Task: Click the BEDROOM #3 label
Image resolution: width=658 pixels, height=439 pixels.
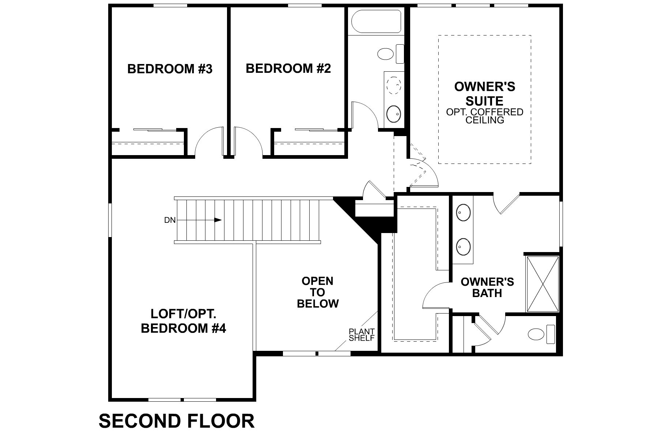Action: click(x=170, y=69)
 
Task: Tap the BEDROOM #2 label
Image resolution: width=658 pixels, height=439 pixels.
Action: click(x=288, y=68)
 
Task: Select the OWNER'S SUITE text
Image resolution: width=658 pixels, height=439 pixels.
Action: click(x=484, y=94)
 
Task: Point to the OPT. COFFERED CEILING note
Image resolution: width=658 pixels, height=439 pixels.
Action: click(x=484, y=116)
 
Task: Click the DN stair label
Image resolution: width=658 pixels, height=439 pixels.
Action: click(x=170, y=220)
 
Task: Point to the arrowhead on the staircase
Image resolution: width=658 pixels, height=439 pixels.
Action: click(x=218, y=220)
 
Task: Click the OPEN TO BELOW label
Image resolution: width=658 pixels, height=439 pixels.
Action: click(x=317, y=292)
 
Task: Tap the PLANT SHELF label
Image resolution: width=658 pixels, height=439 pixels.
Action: click(x=362, y=335)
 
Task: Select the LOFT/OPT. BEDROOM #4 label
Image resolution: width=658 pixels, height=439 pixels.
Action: click(x=183, y=321)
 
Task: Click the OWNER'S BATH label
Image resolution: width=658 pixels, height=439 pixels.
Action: click(x=487, y=287)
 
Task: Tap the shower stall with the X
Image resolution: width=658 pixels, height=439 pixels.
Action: click(x=542, y=284)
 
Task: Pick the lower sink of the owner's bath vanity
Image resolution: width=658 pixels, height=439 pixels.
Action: click(x=464, y=246)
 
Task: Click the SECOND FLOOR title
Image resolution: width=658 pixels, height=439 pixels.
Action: click(x=177, y=421)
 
